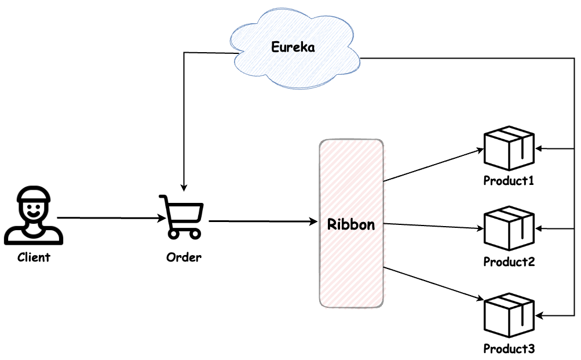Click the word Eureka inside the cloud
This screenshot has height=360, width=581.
pos(293,48)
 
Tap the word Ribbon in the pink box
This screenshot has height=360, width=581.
pos(351,224)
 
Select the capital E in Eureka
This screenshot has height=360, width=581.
pos(275,47)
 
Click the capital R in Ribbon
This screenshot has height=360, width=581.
pos(332,224)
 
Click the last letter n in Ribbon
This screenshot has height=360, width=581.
pos(370,226)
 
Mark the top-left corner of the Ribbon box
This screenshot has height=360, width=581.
pos(321,141)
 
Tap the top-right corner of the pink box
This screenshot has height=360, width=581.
pos(384,141)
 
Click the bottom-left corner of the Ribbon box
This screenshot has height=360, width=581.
pos(321,307)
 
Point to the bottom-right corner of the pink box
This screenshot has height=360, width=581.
pos(383,306)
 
